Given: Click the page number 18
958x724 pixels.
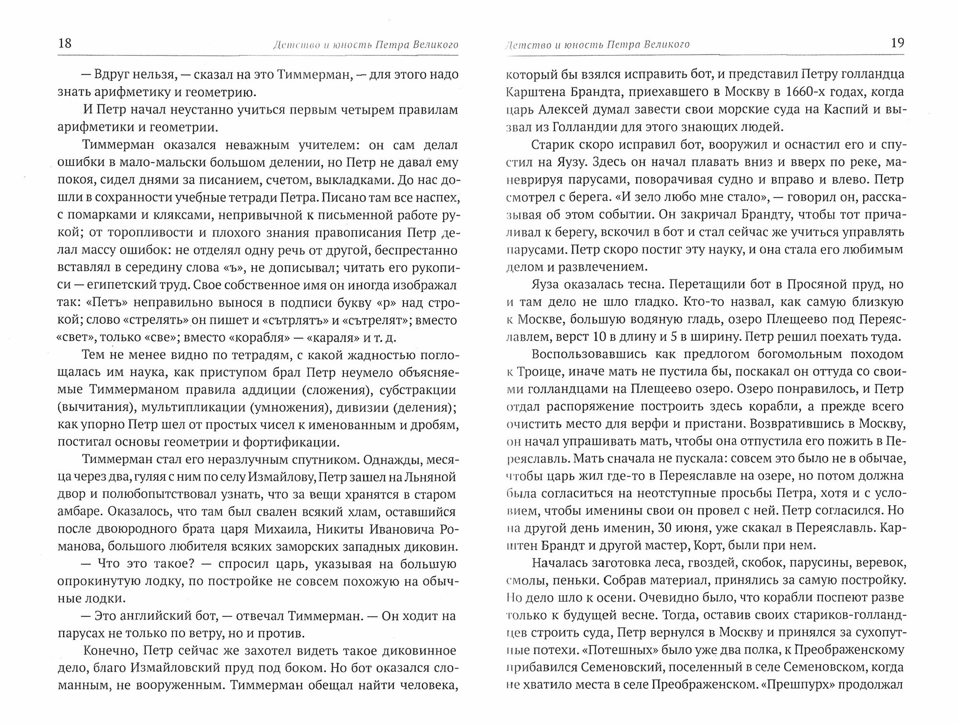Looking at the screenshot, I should coord(65,44).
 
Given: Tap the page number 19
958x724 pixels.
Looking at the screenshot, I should coord(897,44).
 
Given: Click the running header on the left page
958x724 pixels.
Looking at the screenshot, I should coord(365,45).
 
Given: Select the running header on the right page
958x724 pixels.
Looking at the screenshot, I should coord(598,45).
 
